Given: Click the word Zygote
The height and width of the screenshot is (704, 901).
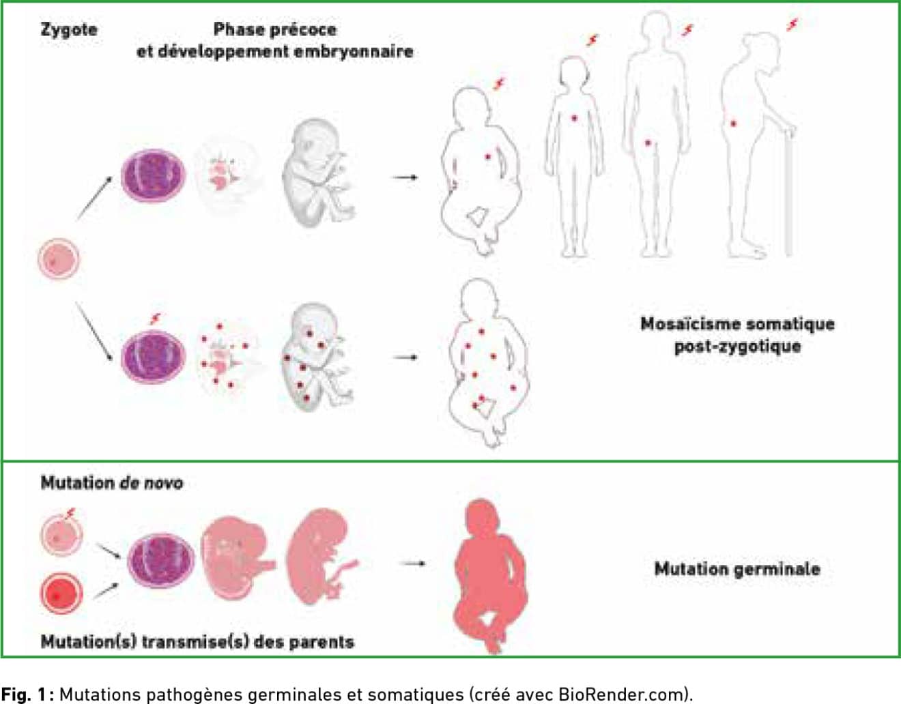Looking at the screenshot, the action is [x=69, y=31].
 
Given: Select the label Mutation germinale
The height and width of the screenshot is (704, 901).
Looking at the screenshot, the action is [x=737, y=569].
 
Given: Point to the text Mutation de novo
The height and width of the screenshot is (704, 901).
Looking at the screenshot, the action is [x=112, y=483].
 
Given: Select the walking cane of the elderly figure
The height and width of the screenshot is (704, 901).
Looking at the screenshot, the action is [x=789, y=190].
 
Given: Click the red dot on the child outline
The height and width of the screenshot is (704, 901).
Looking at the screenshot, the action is [x=574, y=118].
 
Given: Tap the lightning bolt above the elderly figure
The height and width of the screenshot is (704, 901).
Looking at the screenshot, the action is [x=792, y=25].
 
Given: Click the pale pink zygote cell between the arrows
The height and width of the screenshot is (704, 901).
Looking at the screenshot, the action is [x=59, y=259].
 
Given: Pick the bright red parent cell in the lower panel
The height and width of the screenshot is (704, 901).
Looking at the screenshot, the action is [x=61, y=594].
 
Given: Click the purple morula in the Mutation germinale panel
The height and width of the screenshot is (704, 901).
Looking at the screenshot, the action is [x=161, y=561].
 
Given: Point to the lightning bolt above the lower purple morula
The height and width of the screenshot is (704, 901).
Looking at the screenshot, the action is [x=156, y=319].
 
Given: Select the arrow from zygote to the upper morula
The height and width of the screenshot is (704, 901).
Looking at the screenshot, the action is [x=94, y=198].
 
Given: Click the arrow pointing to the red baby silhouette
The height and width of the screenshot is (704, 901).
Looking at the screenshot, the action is [x=412, y=563].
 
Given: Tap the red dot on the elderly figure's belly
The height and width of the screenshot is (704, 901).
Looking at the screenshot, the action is [x=734, y=123].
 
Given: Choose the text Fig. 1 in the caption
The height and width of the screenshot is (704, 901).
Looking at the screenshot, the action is [x=25, y=694].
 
